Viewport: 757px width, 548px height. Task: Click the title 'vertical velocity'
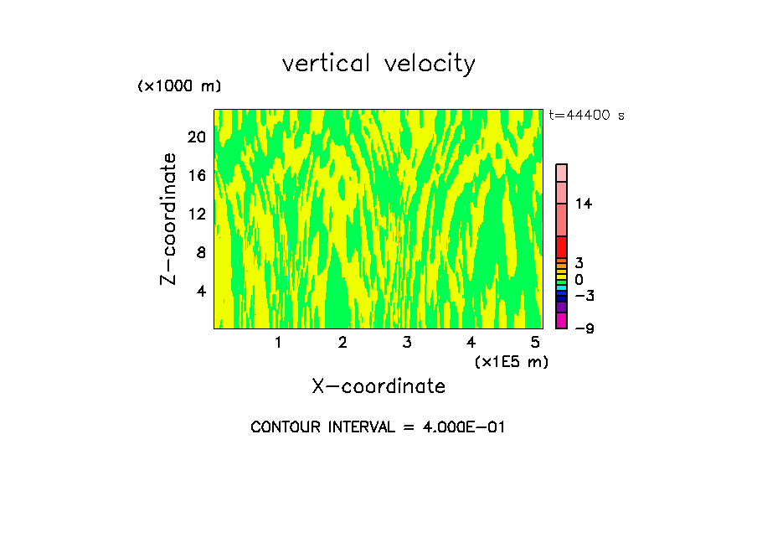[378, 64]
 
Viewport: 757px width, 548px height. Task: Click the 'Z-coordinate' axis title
[169, 219]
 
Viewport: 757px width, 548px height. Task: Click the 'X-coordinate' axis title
[378, 386]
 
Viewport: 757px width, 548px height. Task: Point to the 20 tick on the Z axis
[196, 137]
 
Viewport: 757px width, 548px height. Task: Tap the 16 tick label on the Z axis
[196, 175]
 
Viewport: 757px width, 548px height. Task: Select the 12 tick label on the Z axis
[196, 214]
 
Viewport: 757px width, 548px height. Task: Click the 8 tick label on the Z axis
[201, 252]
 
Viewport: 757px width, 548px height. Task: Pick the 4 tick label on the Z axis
[201, 291]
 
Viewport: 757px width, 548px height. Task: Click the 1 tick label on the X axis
[278, 343]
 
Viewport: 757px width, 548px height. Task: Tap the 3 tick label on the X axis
[407, 343]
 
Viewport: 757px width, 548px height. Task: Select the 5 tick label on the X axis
[535, 343]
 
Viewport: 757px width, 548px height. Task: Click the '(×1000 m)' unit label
[179, 86]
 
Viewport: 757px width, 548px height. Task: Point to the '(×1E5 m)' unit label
[512, 362]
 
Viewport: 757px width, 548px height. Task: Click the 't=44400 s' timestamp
[586, 116]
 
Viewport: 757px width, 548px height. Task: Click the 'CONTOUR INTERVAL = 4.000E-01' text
[378, 427]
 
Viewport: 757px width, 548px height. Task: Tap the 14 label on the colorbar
[584, 204]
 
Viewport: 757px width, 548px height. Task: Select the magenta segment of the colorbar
[561, 321]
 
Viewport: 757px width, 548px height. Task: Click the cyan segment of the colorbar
[561, 287]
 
